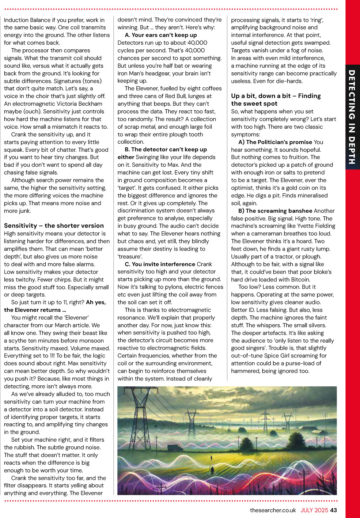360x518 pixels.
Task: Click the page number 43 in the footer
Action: point(333,510)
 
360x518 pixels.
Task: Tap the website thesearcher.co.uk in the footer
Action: point(273,510)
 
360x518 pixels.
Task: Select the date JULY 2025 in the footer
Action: point(314,510)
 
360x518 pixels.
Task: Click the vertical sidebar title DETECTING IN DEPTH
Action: point(352,117)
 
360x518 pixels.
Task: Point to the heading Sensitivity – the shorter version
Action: point(54,226)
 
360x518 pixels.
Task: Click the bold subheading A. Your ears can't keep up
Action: point(161,35)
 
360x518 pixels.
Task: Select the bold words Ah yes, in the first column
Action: point(96,302)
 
